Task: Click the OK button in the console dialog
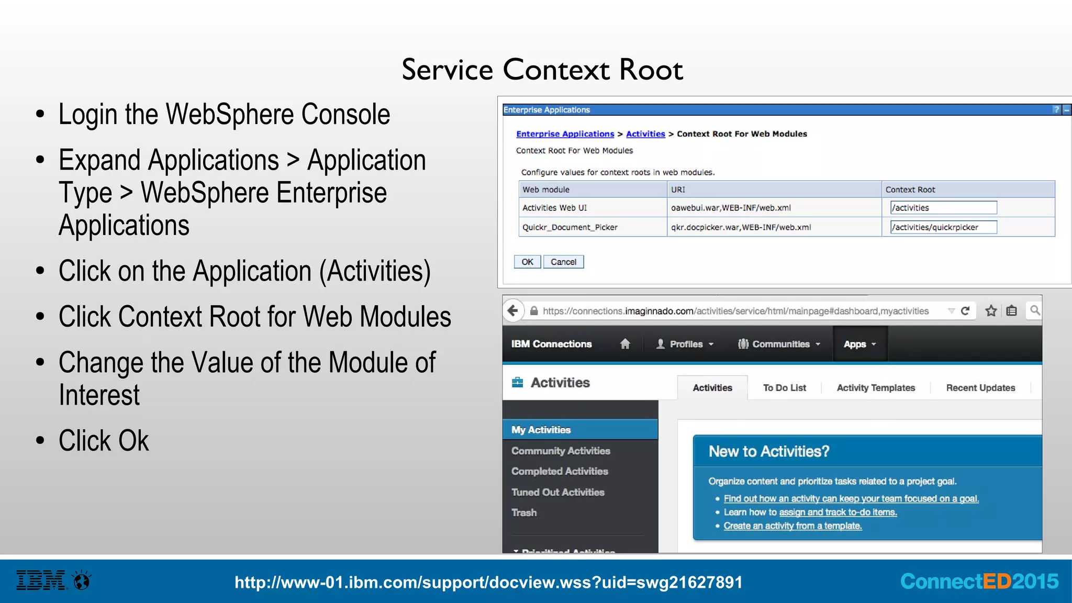[x=527, y=262]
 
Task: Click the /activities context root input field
[x=943, y=208]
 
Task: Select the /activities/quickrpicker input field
[x=943, y=227]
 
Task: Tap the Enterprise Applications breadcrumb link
[x=565, y=134]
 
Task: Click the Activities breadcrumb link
[x=645, y=134]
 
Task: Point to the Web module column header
[x=545, y=189]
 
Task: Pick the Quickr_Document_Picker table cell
[x=569, y=227]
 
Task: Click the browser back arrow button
[x=513, y=311]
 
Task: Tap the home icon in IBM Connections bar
[x=625, y=344]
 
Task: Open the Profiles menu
[x=685, y=344]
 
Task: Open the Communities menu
[x=779, y=344]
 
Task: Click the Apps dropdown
[x=859, y=344]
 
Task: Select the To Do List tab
[x=784, y=388]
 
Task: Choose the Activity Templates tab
[x=876, y=388]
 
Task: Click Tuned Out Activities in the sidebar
[x=557, y=492]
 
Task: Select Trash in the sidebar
[x=524, y=512]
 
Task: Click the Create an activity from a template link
[x=792, y=526]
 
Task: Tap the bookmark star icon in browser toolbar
[x=991, y=311]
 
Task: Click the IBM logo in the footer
[x=41, y=580]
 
